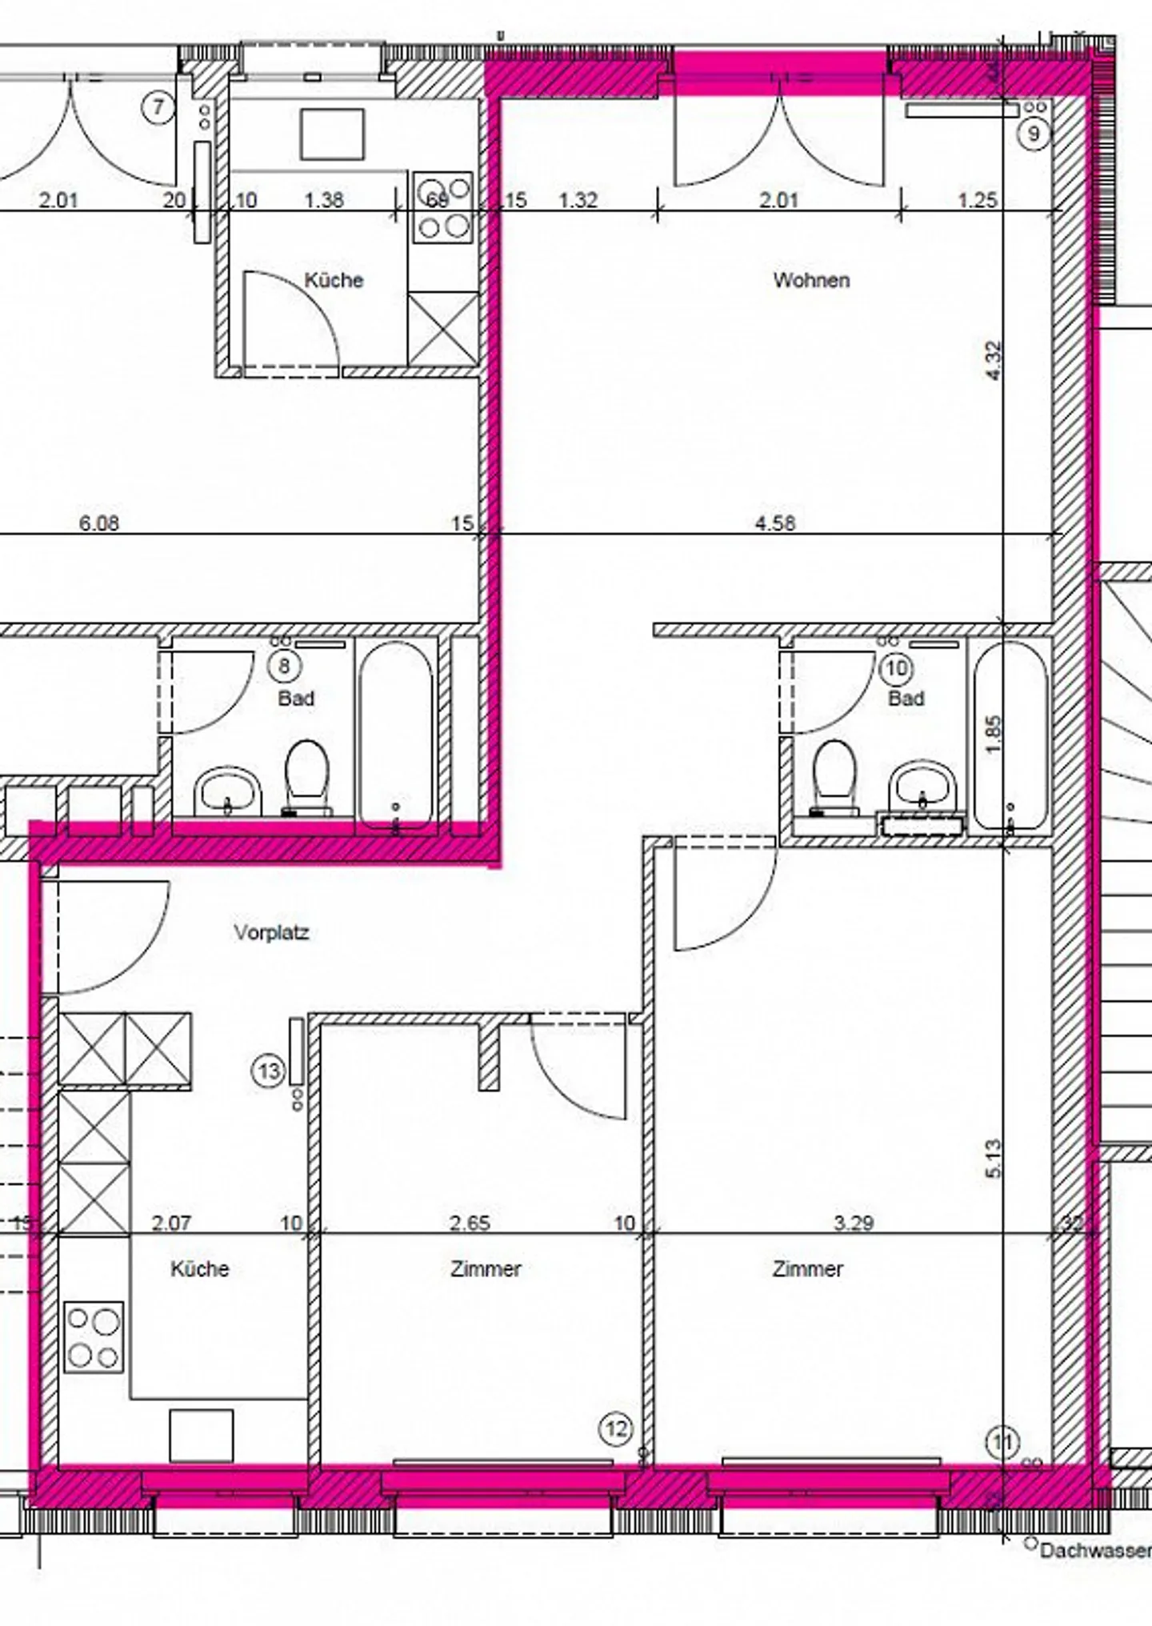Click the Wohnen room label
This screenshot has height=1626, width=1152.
[x=810, y=280]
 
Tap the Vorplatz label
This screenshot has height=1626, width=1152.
[x=271, y=932]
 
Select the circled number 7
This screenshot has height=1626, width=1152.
[x=158, y=106]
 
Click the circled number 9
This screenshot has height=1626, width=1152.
[x=1033, y=133]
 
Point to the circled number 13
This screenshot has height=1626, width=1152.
[x=268, y=1071]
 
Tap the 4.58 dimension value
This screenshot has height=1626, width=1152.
[x=775, y=523]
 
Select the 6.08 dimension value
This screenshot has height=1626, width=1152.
[x=98, y=523]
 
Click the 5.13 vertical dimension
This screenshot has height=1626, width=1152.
[x=994, y=1158]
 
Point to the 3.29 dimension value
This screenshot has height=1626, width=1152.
[x=853, y=1223]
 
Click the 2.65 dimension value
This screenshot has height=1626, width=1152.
[x=470, y=1223]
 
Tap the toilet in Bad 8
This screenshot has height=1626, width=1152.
[x=307, y=775]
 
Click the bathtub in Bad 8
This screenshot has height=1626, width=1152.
[x=395, y=735]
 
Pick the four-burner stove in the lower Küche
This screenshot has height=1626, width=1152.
[x=94, y=1337]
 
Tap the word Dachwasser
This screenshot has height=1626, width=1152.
[x=1094, y=1551]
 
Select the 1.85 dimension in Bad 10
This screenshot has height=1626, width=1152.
[x=994, y=734]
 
